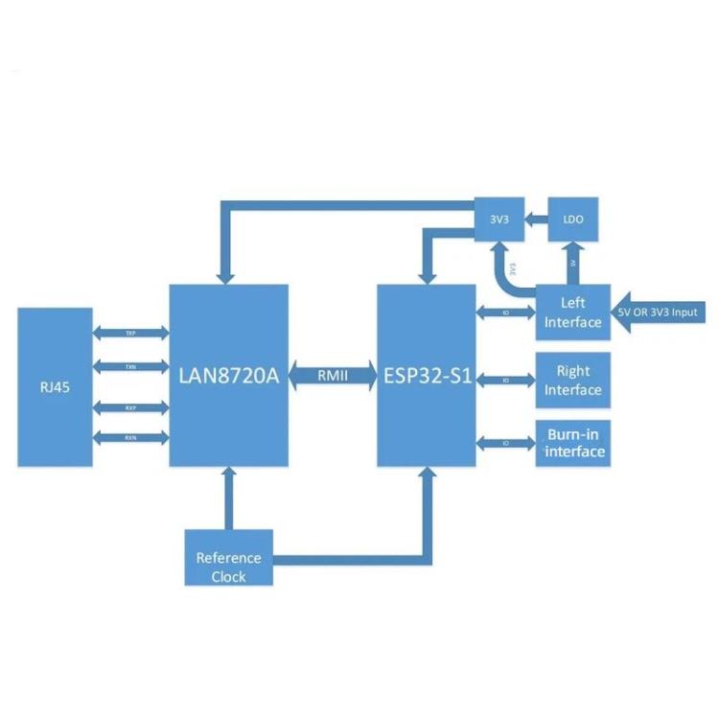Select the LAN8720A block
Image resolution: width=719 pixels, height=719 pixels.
[228, 375]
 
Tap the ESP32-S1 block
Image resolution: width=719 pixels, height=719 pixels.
[426, 375]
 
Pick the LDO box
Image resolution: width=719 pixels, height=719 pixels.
[572, 220]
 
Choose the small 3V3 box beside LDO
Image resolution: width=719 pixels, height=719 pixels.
[500, 220]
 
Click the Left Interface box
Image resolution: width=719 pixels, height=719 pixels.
[572, 312]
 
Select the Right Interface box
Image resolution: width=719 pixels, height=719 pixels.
[572, 380]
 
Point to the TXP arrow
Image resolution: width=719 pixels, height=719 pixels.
[130, 333]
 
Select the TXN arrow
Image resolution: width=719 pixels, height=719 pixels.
[130, 366]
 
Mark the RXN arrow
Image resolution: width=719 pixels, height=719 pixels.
[130, 438]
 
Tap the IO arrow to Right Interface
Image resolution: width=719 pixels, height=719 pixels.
[505, 380]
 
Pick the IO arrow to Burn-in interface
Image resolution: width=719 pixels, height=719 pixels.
[505, 442]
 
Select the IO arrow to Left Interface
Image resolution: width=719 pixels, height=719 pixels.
[505, 312]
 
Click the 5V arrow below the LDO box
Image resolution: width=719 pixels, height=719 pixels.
[572, 261]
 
